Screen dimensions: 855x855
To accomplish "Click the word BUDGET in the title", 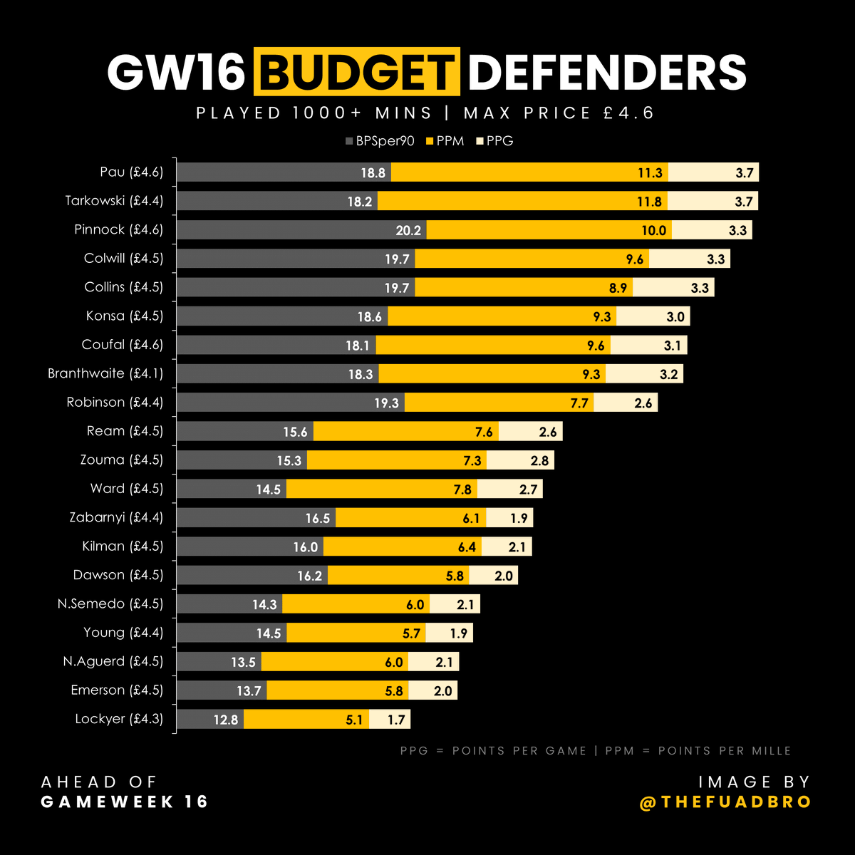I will pos(357,72).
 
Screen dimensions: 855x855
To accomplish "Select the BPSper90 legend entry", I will pos(380,141).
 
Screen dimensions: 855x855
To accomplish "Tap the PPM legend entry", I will pos(445,141).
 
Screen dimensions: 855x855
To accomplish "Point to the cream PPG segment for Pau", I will pos(712,172).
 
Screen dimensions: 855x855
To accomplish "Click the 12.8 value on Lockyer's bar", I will pos(226,720).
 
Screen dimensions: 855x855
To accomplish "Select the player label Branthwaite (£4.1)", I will pos(105,373).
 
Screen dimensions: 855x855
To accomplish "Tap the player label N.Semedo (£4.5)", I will pos(110,603).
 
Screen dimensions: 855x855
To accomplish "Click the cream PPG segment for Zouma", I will pos(520,460).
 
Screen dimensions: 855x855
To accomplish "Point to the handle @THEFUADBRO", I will pos(725,802).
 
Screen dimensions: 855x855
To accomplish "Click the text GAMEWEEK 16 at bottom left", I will pos(125,802).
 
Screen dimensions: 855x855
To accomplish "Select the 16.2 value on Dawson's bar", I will pos(310,576).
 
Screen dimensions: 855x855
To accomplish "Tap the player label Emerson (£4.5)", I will pos(117,690).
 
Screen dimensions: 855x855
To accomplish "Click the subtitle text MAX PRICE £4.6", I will pos(559,113).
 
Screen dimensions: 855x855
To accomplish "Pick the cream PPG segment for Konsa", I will pos(653,316).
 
